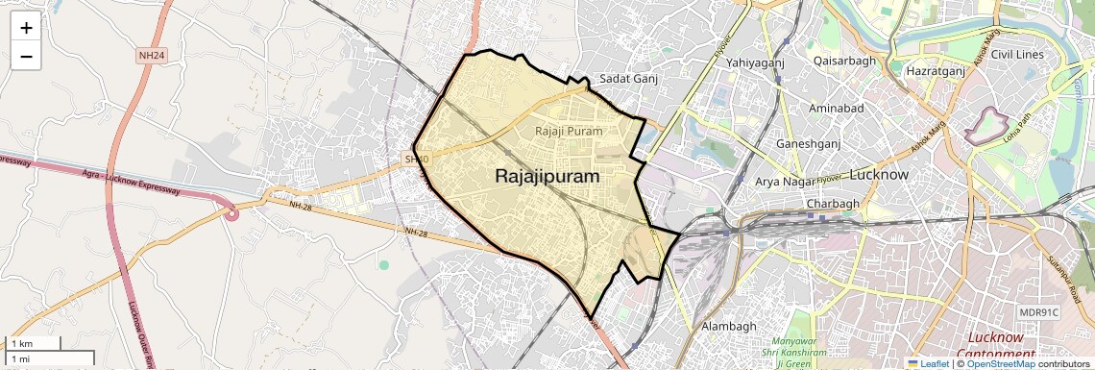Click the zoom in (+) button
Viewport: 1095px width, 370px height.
tap(26, 29)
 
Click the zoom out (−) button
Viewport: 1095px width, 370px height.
tap(26, 57)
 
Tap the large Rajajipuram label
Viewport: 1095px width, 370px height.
tap(547, 177)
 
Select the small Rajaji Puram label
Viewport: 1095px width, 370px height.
tap(569, 131)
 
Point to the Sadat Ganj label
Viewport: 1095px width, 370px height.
tap(627, 79)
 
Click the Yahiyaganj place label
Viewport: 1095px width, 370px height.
tap(756, 62)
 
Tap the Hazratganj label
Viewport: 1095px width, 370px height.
tap(936, 71)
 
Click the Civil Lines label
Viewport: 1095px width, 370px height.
tap(1017, 55)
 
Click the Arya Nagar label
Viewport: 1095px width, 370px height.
tap(785, 182)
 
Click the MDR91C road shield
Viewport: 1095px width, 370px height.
tap(1038, 312)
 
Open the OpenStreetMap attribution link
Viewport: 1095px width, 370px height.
tap(1000, 364)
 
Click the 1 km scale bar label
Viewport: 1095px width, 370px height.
tap(21, 343)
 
